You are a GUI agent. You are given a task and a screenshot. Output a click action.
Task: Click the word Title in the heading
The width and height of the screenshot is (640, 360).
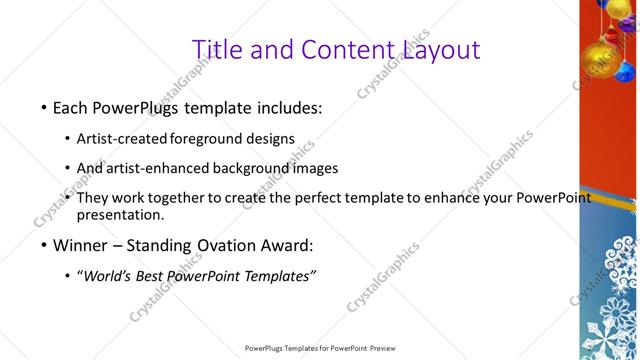tap(214, 49)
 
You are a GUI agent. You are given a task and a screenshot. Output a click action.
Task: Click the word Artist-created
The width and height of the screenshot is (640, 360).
tap(122, 138)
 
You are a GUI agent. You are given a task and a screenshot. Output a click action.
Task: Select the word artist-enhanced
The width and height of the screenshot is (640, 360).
tap(154, 168)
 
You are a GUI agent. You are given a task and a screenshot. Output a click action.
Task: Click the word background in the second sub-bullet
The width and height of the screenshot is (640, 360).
tap(245, 168)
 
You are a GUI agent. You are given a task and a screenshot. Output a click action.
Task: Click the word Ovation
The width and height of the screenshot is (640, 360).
tap(221, 245)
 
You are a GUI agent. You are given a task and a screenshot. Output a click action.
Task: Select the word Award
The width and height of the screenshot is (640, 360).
tap(286, 245)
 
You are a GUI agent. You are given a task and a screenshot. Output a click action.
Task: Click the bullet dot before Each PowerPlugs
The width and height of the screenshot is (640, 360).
tap(43, 107)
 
